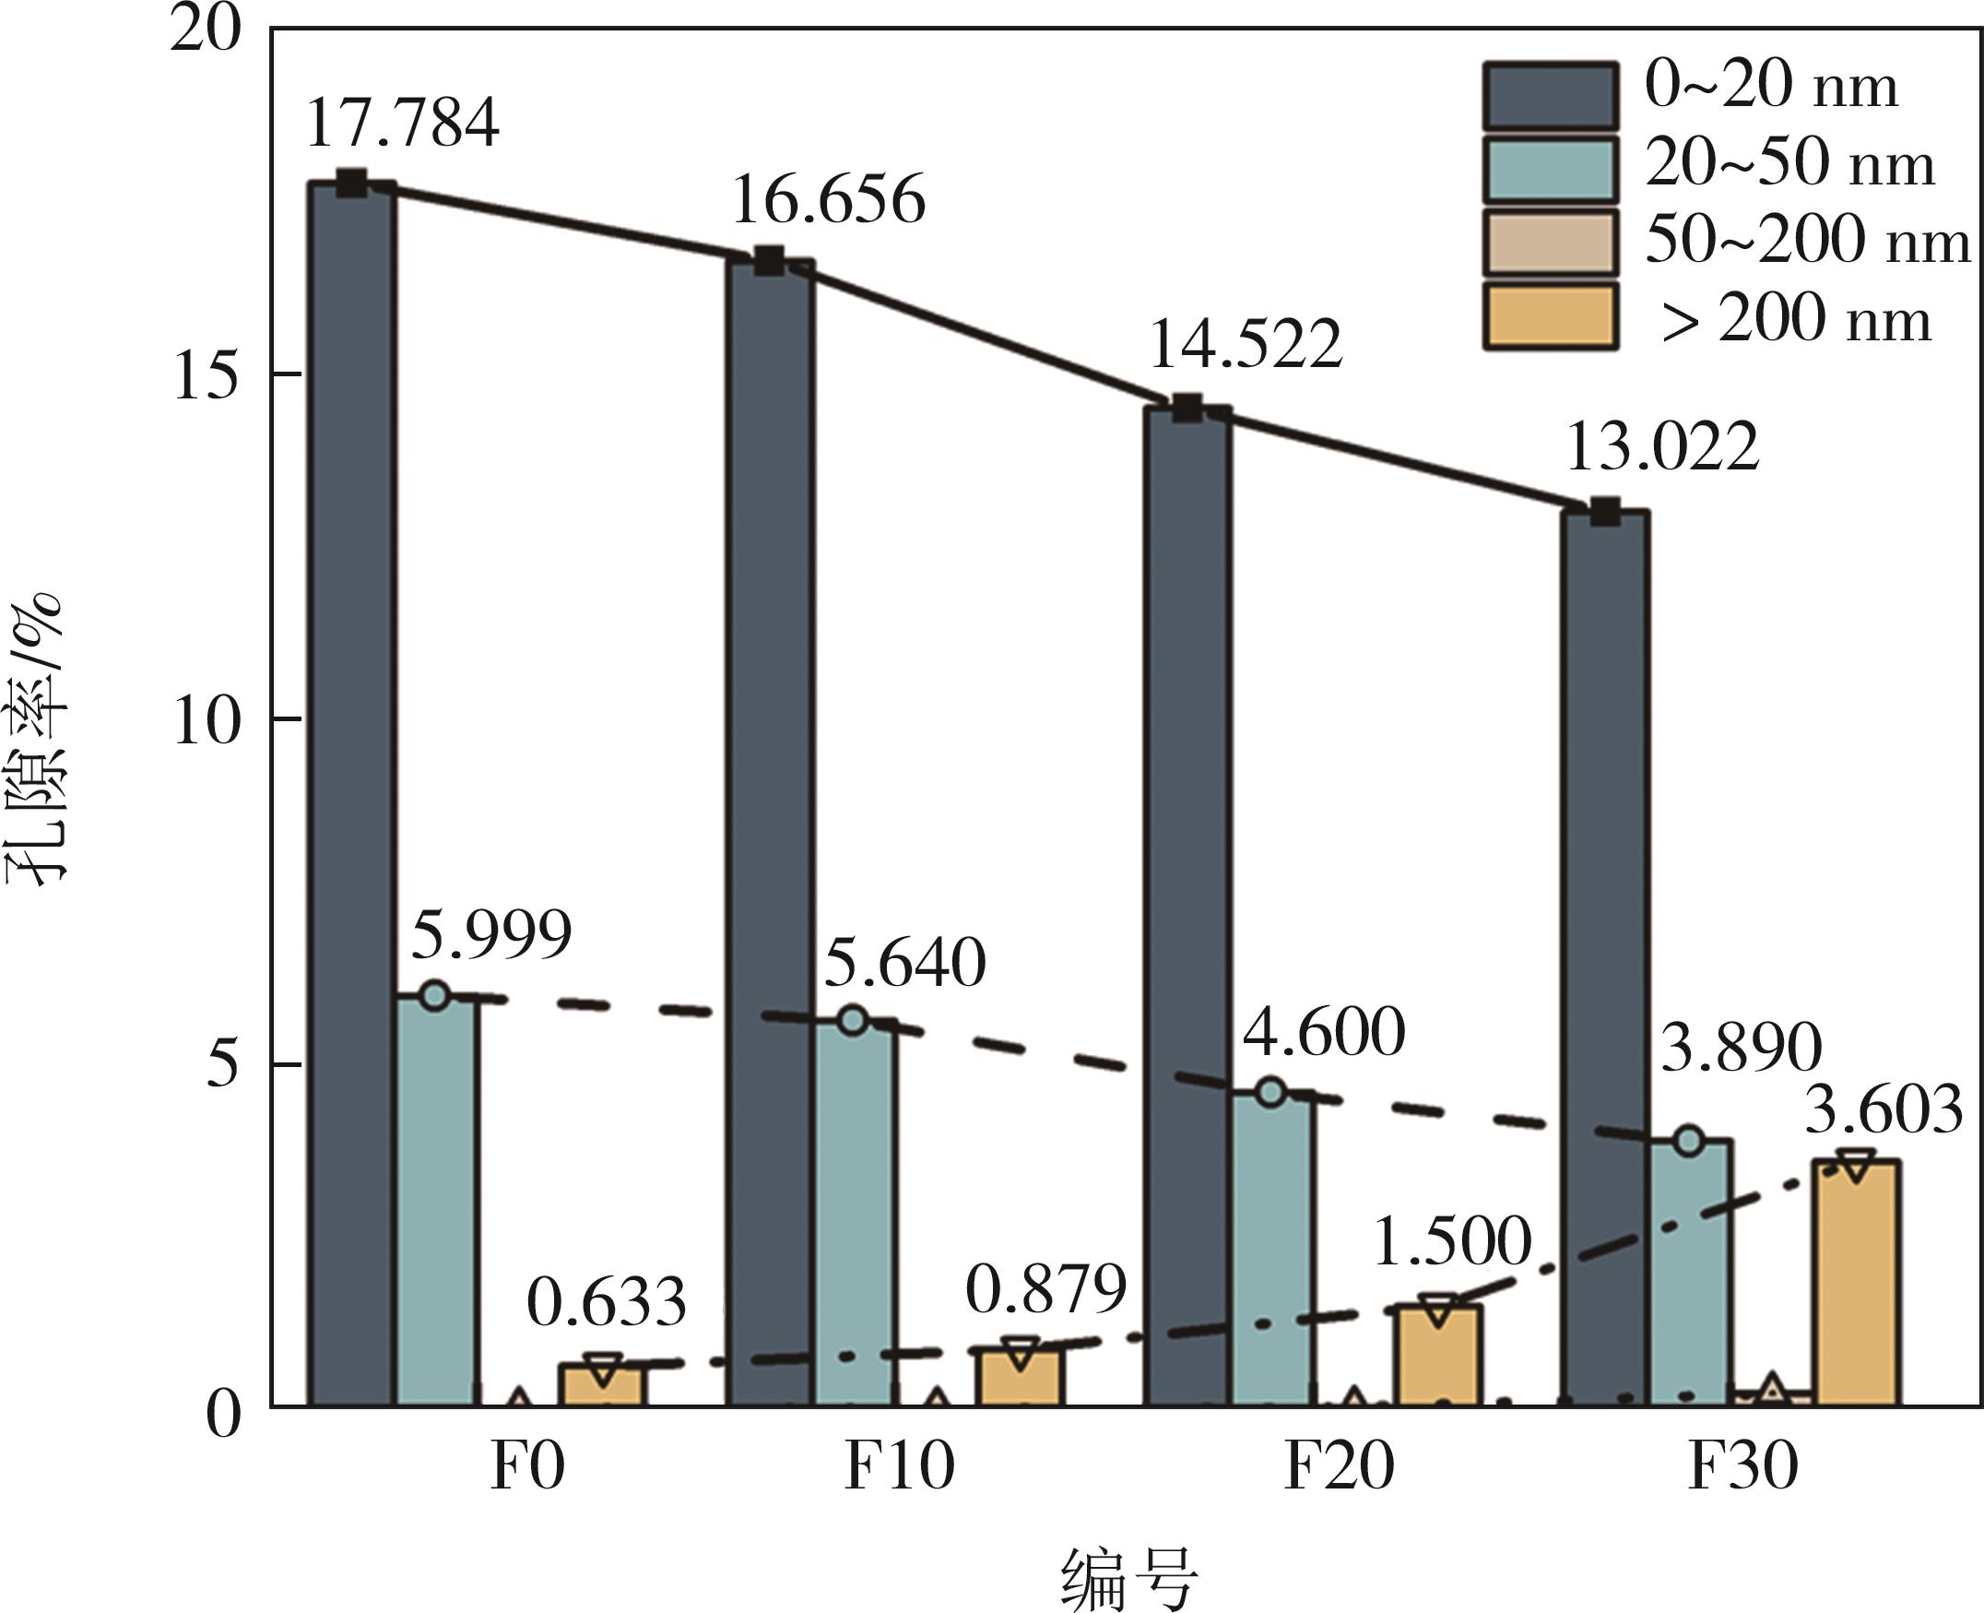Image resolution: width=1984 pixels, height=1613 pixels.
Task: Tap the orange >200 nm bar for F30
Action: [1858, 1282]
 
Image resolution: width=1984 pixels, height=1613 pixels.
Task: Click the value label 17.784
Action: [401, 123]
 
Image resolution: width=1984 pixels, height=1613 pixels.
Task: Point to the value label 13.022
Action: [1662, 448]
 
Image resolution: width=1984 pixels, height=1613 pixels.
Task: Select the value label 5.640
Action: [904, 963]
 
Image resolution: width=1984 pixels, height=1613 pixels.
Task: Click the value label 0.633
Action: [606, 1301]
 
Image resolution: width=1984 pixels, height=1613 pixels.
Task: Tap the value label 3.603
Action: [1884, 1110]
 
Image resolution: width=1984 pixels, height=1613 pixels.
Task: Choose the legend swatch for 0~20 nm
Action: [1549, 96]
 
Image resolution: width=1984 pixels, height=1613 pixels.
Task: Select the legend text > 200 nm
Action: [1796, 320]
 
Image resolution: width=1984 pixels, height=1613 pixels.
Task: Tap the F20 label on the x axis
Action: [1339, 1467]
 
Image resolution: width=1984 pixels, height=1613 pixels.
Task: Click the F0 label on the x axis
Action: [526, 1467]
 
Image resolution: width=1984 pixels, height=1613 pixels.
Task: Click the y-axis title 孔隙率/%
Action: [37, 739]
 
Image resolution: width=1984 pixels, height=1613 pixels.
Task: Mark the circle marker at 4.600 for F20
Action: [1270, 1092]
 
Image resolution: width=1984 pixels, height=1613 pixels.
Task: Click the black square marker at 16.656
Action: [769, 261]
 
